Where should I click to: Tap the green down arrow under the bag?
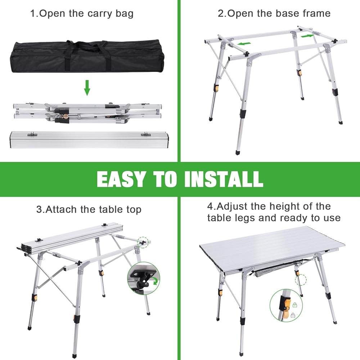click(87, 88)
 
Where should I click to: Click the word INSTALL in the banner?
click(224, 179)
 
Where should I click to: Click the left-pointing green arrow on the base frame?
click(244, 44)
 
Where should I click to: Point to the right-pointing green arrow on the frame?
click(307, 36)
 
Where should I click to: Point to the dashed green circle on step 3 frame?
click(143, 242)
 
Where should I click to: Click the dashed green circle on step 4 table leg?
click(301, 280)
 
